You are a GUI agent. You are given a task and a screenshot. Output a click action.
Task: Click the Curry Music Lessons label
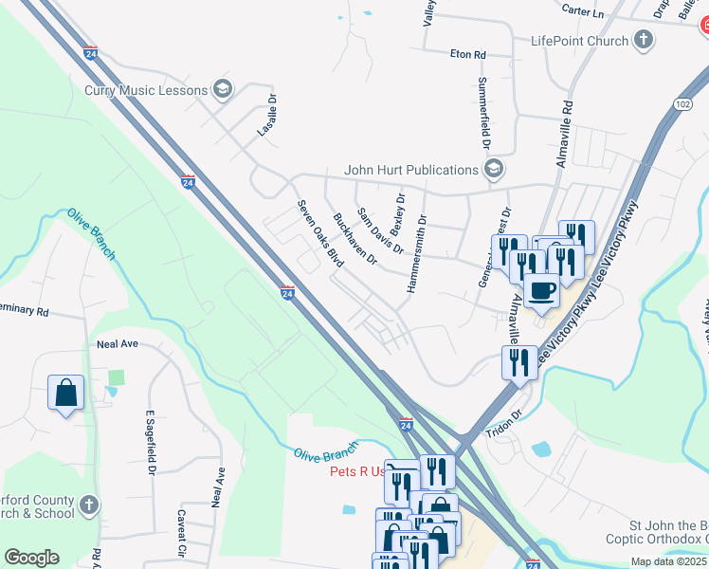146,90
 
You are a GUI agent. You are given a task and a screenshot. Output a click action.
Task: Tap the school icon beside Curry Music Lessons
223,90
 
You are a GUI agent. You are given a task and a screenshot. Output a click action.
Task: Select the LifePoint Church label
579,41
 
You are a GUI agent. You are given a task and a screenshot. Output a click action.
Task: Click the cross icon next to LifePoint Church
644,40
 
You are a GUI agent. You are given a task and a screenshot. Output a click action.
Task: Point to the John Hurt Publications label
410,170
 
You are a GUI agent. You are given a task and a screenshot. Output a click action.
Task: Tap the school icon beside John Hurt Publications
493,170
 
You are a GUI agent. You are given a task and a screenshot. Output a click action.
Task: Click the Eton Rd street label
467,55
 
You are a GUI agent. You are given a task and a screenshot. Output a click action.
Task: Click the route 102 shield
682,102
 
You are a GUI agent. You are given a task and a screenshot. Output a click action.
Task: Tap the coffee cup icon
541,289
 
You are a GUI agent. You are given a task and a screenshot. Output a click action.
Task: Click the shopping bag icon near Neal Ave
65,392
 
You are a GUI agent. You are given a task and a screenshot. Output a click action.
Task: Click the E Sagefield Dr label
150,442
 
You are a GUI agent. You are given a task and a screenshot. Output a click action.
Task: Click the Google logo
31,558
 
